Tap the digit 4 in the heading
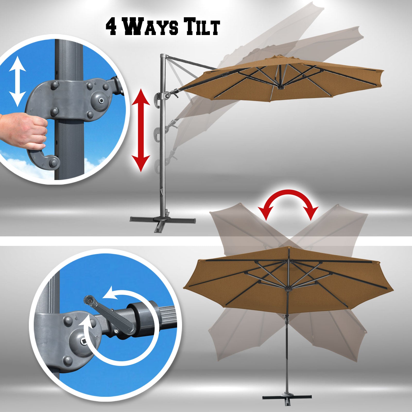coord(113,27)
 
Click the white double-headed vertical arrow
coord(17,81)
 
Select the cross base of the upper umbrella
coord(162,221)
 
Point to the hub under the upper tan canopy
coord(280,87)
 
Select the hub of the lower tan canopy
coord(287,289)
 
